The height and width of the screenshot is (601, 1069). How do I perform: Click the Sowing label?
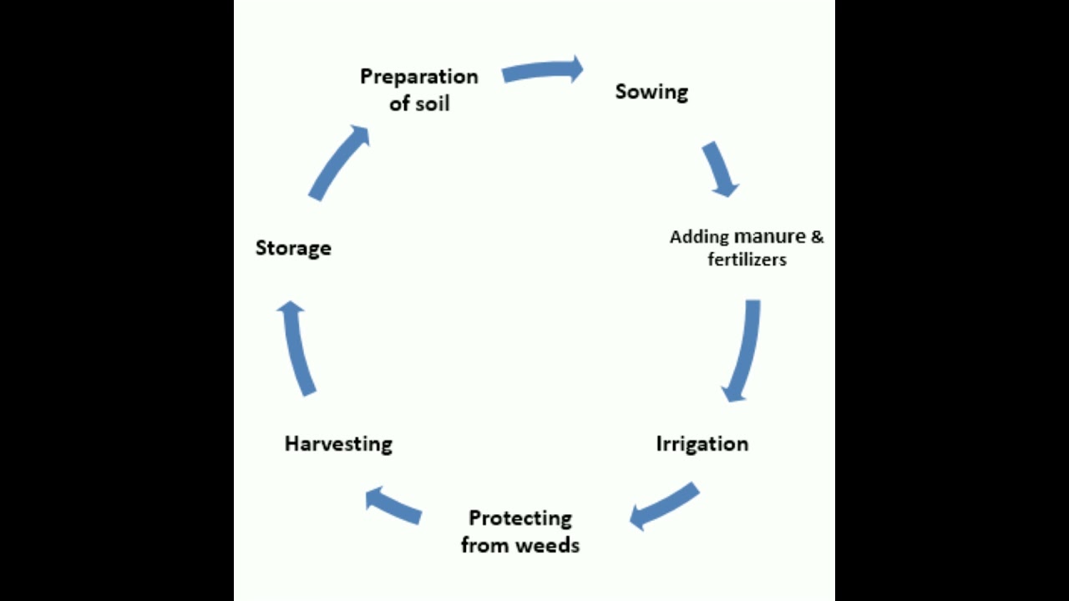tap(651, 92)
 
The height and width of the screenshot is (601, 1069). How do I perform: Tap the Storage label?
tap(293, 248)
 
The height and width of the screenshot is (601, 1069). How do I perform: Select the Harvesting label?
tap(338, 443)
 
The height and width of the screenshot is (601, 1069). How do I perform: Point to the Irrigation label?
tap(702, 443)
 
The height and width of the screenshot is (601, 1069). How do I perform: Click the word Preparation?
tap(419, 77)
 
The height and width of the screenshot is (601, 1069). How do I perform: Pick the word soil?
tap(433, 104)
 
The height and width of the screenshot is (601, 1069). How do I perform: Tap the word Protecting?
tap(520, 518)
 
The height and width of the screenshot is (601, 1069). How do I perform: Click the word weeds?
tap(547, 546)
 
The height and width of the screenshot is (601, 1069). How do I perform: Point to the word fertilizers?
tap(747, 260)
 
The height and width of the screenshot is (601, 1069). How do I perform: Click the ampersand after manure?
tap(817, 236)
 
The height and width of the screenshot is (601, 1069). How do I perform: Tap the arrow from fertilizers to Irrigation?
tap(742, 351)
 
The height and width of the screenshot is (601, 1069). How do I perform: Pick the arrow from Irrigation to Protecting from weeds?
tap(663, 506)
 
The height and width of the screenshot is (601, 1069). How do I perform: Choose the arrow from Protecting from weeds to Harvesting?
tap(393, 506)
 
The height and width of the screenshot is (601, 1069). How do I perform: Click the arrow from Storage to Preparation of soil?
tap(339, 163)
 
